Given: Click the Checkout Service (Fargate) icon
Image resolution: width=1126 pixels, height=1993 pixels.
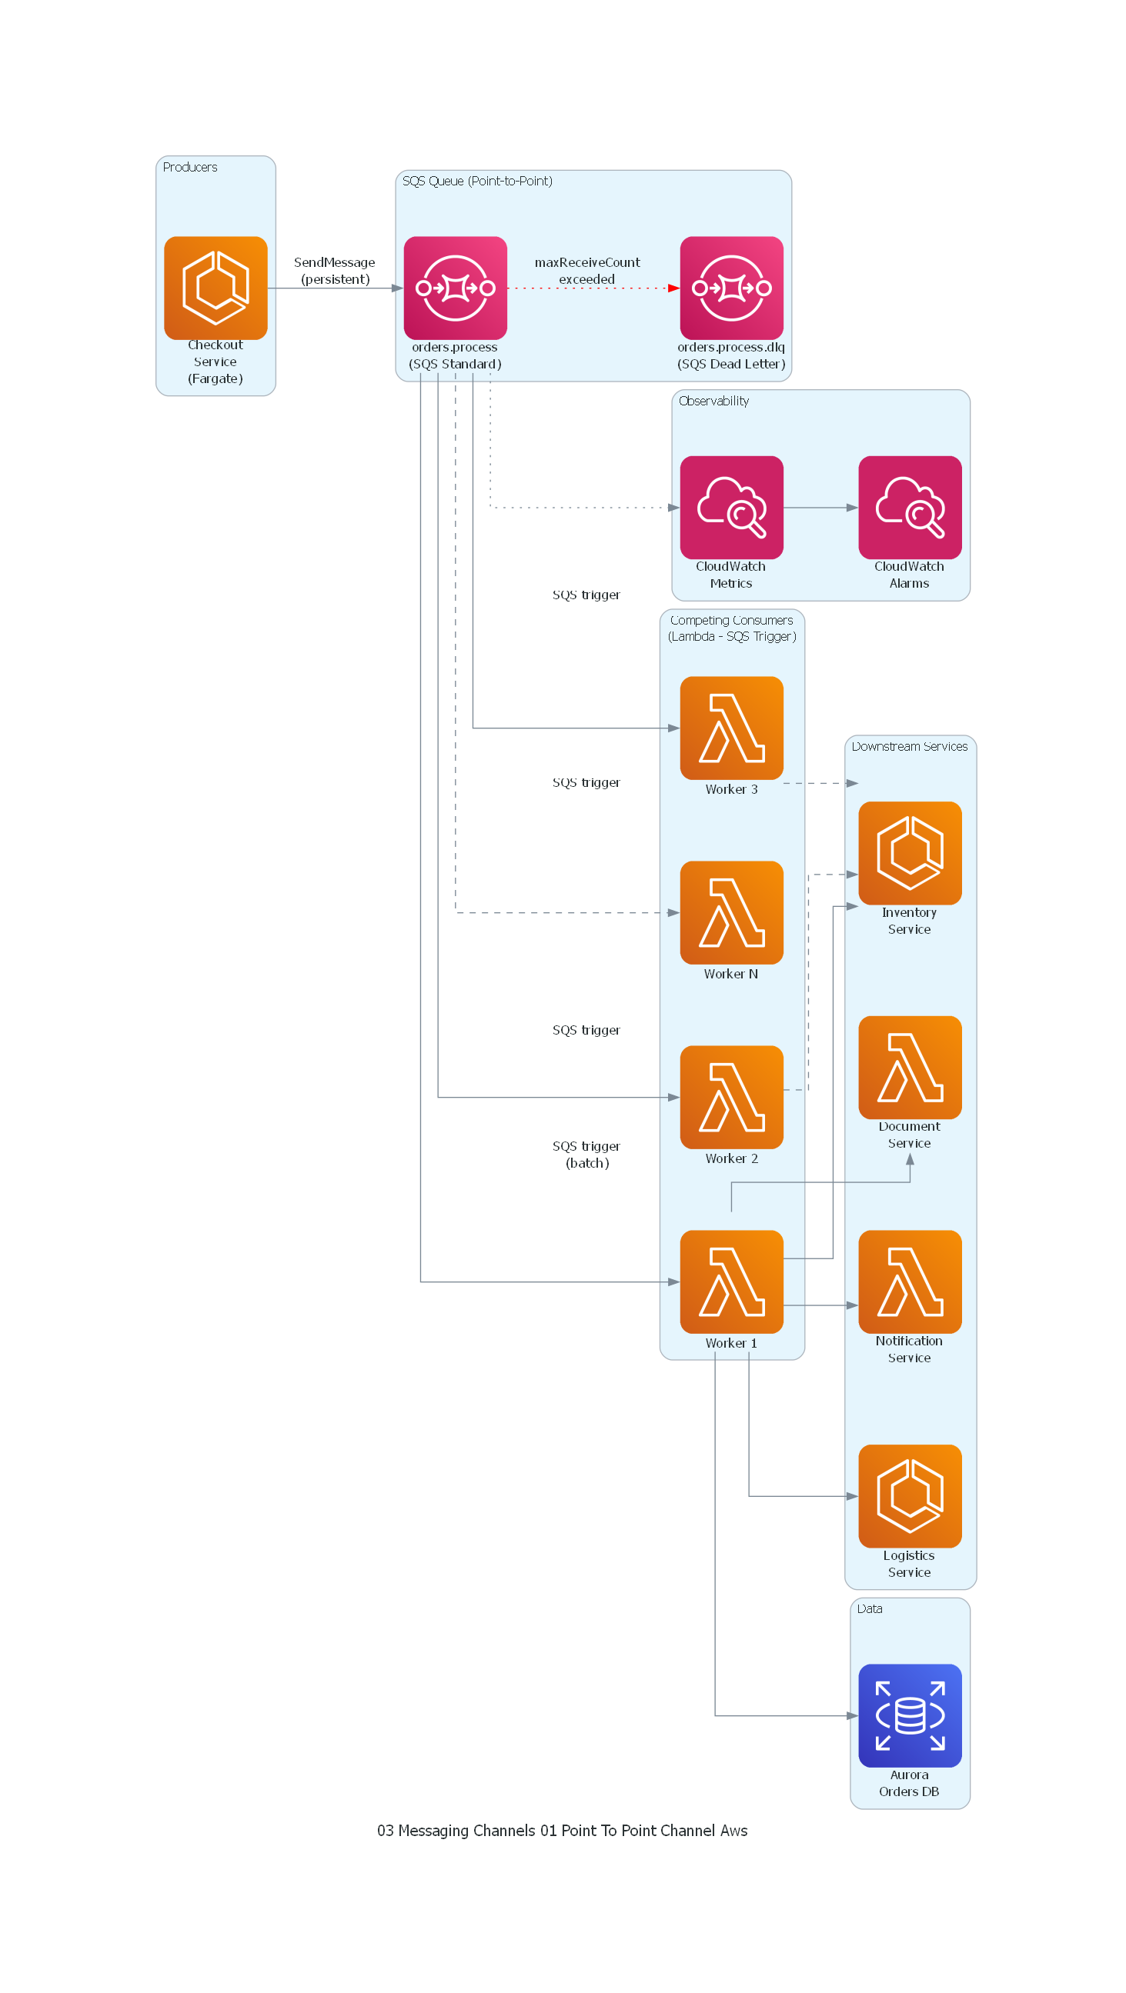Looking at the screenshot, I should (216, 288).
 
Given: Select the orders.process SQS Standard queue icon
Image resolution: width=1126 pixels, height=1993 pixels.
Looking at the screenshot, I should (455, 288).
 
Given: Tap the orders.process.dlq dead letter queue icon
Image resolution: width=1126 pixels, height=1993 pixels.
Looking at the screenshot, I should (731, 288).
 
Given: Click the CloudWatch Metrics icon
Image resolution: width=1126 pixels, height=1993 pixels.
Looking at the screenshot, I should (731, 508).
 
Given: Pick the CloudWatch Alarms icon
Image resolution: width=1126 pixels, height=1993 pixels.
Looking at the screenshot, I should (909, 508).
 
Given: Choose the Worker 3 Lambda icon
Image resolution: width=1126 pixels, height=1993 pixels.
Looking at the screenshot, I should (731, 728).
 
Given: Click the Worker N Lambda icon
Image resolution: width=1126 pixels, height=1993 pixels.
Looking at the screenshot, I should (731, 912).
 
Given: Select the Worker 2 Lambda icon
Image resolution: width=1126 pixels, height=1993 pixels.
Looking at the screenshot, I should (731, 1097).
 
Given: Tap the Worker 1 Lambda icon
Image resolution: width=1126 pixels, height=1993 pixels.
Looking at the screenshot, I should (731, 1281).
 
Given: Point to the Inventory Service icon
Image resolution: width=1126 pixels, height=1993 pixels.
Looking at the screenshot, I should (909, 852).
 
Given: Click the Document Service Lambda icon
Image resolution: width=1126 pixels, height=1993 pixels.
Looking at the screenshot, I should (909, 1067).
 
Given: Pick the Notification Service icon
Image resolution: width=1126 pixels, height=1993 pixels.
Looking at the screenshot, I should (909, 1281).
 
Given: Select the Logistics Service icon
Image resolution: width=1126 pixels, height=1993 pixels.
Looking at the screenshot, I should (909, 1495).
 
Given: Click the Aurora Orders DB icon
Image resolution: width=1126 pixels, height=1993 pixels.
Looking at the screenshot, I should (909, 1715).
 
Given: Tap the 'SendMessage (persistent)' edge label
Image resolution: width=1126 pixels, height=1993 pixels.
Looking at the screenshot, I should (334, 271).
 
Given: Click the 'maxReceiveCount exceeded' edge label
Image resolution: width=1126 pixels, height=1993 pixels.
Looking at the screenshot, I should (586, 271).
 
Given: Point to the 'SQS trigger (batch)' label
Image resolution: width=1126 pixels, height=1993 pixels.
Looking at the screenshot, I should (586, 1155).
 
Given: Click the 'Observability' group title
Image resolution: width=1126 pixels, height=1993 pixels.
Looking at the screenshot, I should (713, 401).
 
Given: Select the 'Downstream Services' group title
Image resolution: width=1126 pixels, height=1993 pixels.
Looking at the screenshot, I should (909, 746).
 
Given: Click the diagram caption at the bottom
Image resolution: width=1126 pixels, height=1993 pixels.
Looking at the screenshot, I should (562, 1831).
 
